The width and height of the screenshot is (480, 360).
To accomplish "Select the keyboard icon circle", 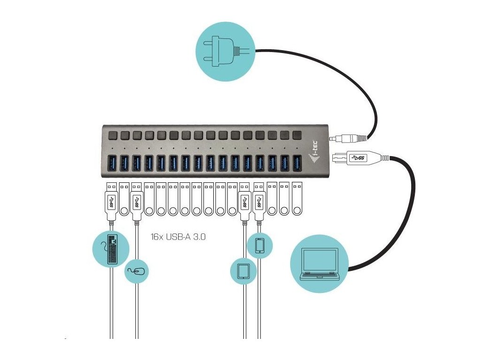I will pyautogui.click(x=111, y=248).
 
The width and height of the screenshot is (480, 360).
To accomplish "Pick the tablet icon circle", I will pyautogui.click(x=244, y=271).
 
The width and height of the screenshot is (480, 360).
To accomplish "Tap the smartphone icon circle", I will pyautogui.click(x=260, y=245).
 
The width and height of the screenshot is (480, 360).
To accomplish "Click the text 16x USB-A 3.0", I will pyautogui.click(x=179, y=237).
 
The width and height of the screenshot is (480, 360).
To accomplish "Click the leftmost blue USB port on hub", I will pyautogui.click(x=113, y=163).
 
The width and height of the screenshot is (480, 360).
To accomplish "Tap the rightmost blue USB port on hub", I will pyautogui.click(x=296, y=163).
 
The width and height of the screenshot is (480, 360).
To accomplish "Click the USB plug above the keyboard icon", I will pyautogui.click(x=112, y=202).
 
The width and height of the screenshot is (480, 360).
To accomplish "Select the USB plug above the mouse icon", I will pyautogui.click(x=137, y=202).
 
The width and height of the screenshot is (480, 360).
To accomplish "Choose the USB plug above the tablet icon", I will pyautogui.click(x=244, y=202).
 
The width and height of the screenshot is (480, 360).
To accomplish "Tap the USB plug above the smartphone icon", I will pyautogui.click(x=259, y=202).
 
